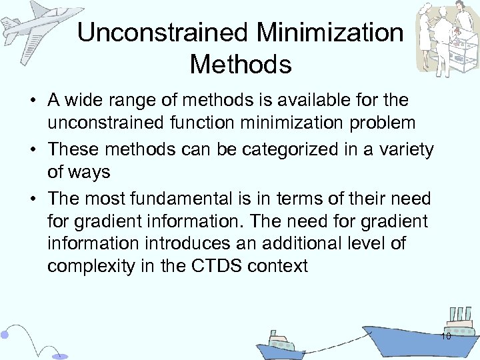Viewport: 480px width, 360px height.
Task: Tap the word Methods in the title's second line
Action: point(240,65)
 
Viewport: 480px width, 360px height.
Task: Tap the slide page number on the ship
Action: point(446,337)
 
